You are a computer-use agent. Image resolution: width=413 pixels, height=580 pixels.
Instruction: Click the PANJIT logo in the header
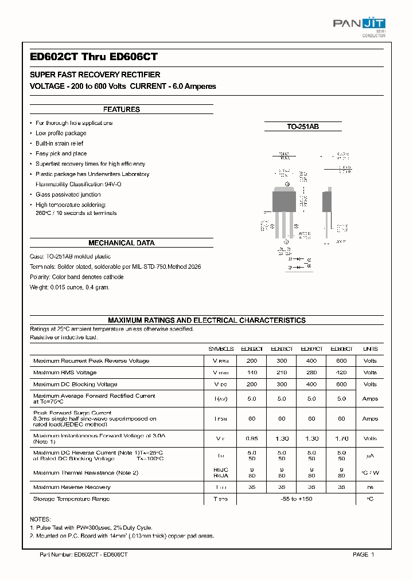pyautogui.click(x=359, y=24)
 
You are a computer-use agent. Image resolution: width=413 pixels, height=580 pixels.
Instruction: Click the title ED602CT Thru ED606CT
pyautogui.click(x=93, y=57)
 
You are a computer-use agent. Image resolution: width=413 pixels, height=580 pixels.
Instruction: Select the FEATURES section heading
pyautogui.click(x=121, y=109)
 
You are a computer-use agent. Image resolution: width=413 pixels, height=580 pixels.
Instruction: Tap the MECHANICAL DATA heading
pyautogui.click(x=121, y=243)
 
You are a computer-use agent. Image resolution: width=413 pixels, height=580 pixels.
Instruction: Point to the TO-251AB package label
pyautogui.click(x=303, y=126)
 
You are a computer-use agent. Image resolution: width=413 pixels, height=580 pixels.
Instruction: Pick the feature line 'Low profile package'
pyautogui.click(x=61, y=134)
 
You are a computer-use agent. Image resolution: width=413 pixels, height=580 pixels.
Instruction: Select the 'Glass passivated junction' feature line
pyautogui.click(x=68, y=195)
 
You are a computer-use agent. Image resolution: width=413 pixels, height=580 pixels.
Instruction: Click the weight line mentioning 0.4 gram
pyautogui.click(x=69, y=287)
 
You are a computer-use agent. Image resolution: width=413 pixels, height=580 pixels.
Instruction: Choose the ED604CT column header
pyautogui.click(x=311, y=349)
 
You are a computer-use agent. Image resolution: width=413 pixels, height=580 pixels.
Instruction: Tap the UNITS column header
pyautogui.click(x=370, y=349)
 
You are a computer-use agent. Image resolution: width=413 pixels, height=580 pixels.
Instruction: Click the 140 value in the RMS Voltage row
pyautogui.click(x=252, y=373)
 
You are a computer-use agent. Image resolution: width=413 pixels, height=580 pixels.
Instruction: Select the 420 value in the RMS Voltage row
pyautogui.click(x=341, y=373)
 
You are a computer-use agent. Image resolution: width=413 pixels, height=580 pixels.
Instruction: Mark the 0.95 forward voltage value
pyautogui.click(x=252, y=438)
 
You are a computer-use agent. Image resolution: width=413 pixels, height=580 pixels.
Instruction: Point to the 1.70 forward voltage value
pyautogui.click(x=341, y=438)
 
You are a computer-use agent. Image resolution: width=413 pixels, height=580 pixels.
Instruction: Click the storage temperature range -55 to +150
pyautogui.click(x=297, y=499)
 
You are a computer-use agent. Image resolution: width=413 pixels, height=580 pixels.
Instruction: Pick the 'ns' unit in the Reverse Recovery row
pyautogui.click(x=370, y=487)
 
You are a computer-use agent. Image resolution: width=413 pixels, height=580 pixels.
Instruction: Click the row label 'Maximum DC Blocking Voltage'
pyautogui.click(x=75, y=385)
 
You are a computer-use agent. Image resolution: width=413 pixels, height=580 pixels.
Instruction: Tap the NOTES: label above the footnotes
pyautogui.click(x=40, y=518)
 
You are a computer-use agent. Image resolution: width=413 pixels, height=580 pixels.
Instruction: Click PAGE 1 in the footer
pyautogui.click(x=363, y=555)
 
